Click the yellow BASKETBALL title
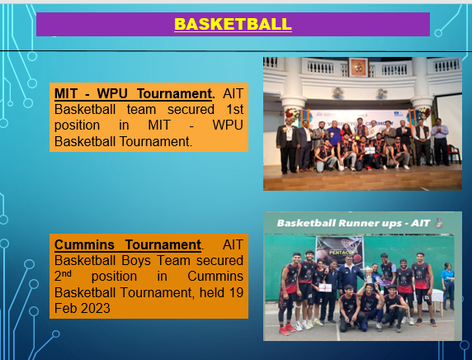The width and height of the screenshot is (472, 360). [233, 24]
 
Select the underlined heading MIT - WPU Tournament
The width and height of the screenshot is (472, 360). [133, 93]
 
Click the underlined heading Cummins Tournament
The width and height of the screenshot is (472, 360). [128, 244]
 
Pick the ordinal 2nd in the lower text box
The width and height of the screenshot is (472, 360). [63, 276]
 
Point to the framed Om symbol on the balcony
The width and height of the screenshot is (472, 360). [358, 67]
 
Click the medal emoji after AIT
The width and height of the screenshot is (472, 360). [439, 223]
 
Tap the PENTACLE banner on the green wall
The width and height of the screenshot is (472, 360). [340, 250]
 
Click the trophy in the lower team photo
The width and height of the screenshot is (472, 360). [368, 274]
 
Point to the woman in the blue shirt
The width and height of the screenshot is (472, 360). [447, 286]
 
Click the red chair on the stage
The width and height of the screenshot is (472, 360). [454, 154]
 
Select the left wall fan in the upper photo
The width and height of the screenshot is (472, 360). [338, 93]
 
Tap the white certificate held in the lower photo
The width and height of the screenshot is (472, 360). [325, 287]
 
